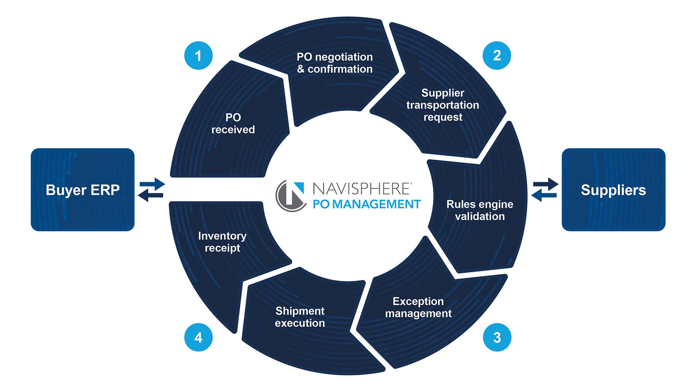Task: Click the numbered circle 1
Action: point(198,56)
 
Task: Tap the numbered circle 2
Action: point(497,56)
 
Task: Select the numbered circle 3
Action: point(497,338)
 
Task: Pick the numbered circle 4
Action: point(198,338)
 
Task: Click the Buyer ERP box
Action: point(82,189)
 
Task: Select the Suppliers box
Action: point(613,189)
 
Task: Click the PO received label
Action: point(233,123)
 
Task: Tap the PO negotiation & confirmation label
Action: point(335,63)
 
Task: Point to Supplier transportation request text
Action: point(443,105)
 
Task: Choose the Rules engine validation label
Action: point(480,210)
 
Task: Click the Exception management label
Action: point(418,307)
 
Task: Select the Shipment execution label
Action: point(300,317)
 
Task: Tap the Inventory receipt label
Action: point(222,242)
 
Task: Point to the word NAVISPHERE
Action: point(362,189)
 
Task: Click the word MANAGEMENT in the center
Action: point(376,204)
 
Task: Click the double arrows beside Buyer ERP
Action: point(151,189)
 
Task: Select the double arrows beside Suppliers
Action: point(545,189)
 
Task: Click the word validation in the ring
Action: point(480,217)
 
